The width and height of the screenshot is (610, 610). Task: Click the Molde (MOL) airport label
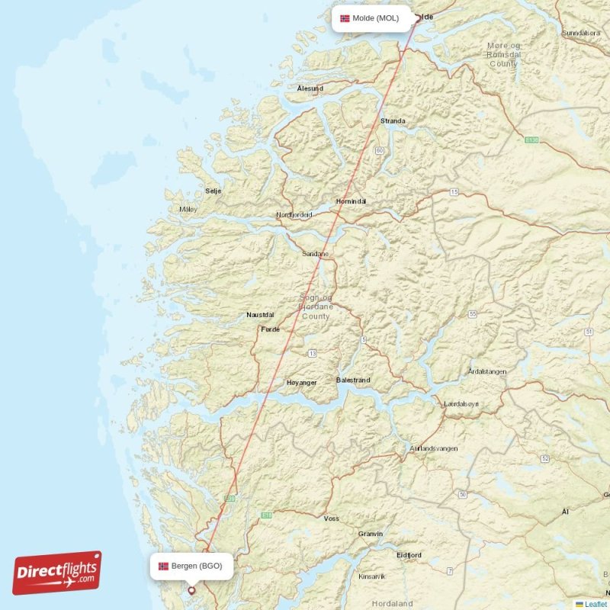[375, 18]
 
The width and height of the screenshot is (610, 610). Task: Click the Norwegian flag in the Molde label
[345, 18]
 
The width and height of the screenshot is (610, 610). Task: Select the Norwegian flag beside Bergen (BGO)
[163, 566]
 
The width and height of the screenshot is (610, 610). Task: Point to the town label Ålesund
[310, 88]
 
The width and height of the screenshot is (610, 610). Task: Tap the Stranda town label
[393, 120]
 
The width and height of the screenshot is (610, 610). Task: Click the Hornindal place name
[351, 201]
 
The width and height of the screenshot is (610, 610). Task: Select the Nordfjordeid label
[294, 215]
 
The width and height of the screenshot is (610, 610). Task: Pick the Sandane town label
[316, 253]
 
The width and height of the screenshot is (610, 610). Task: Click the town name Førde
[271, 329]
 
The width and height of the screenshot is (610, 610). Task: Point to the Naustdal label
[260, 314]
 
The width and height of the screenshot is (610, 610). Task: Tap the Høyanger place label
[301, 383]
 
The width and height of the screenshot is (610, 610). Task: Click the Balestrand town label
[353, 380]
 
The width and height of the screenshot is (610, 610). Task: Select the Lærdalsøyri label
[462, 403]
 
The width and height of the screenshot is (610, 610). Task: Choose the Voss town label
[332, 518]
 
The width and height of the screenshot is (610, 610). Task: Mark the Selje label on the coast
[213, 191]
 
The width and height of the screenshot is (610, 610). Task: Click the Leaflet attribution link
[596, 604]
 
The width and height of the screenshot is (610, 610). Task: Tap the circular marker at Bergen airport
[191, 589]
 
